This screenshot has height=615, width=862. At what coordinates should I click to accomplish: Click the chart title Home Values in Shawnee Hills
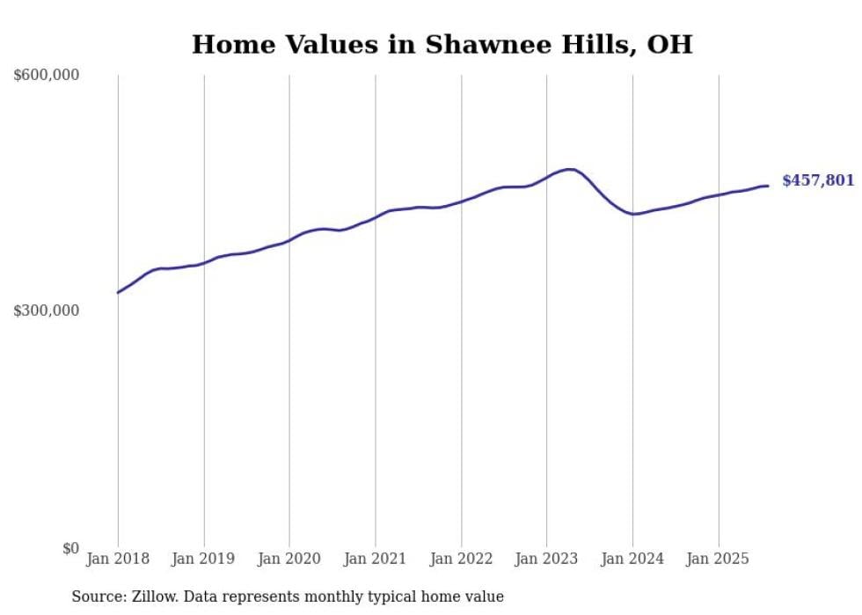442,44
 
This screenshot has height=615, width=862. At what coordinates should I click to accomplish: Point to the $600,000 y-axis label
47,76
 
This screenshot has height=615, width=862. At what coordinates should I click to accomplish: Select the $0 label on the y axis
70,549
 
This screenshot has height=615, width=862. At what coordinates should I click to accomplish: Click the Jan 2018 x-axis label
118,559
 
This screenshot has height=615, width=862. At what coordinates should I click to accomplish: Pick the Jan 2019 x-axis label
204,559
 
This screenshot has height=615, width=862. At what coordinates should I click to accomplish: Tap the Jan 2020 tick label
289,559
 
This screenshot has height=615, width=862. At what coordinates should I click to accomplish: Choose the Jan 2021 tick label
376,559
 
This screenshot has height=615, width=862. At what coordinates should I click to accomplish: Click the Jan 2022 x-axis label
461,559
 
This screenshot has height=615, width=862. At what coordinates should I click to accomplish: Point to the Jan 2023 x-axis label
547,559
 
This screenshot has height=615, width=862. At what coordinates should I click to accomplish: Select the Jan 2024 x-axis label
632,559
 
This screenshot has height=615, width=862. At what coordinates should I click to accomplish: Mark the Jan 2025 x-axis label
719,559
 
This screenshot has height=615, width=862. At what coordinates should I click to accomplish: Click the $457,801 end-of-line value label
818,181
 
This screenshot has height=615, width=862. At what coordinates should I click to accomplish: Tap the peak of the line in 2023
570,169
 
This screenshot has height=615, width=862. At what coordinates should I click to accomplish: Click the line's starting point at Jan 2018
118,292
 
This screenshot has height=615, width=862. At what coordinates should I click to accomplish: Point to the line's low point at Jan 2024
633,214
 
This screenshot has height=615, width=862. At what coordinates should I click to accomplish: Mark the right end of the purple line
768,186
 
